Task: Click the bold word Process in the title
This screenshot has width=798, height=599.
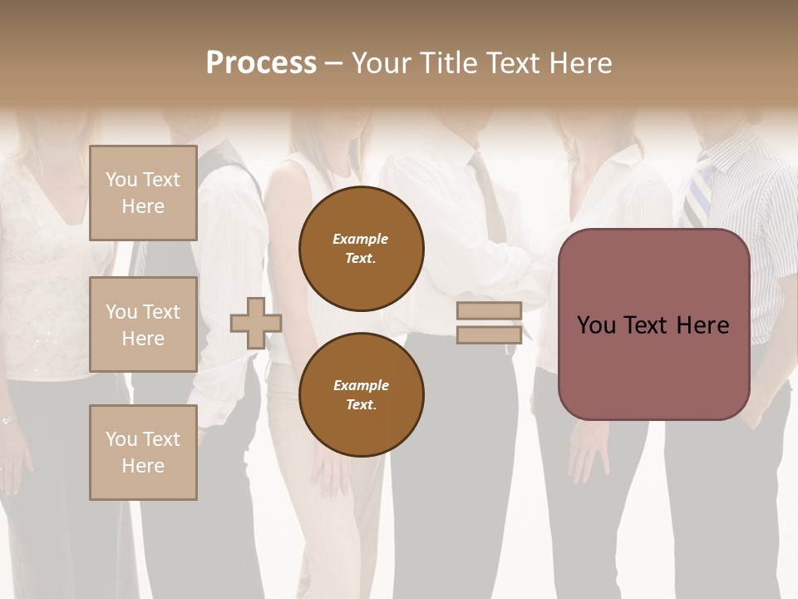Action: (261, 63)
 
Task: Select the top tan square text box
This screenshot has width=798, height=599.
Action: (143, 193)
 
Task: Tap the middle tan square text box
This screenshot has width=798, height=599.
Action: (143, 324)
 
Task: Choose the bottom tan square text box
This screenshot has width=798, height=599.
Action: (143, 453)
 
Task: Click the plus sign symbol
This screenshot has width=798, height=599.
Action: (256, 323)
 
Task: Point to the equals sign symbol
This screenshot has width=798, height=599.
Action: (489, 323)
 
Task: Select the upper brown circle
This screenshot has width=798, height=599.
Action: (361, 249)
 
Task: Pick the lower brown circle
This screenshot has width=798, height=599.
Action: (361, 395)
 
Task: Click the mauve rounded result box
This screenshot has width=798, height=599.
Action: (653, 324)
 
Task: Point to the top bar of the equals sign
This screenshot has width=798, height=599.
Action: (489, 311)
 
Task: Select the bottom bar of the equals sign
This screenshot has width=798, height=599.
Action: (489, 334)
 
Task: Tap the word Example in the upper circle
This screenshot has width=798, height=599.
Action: (361, 239)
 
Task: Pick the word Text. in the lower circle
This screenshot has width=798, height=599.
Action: (361, 405)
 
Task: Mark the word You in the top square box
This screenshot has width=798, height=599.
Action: (121, 180)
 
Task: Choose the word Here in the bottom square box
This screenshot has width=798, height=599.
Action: (143, 466)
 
